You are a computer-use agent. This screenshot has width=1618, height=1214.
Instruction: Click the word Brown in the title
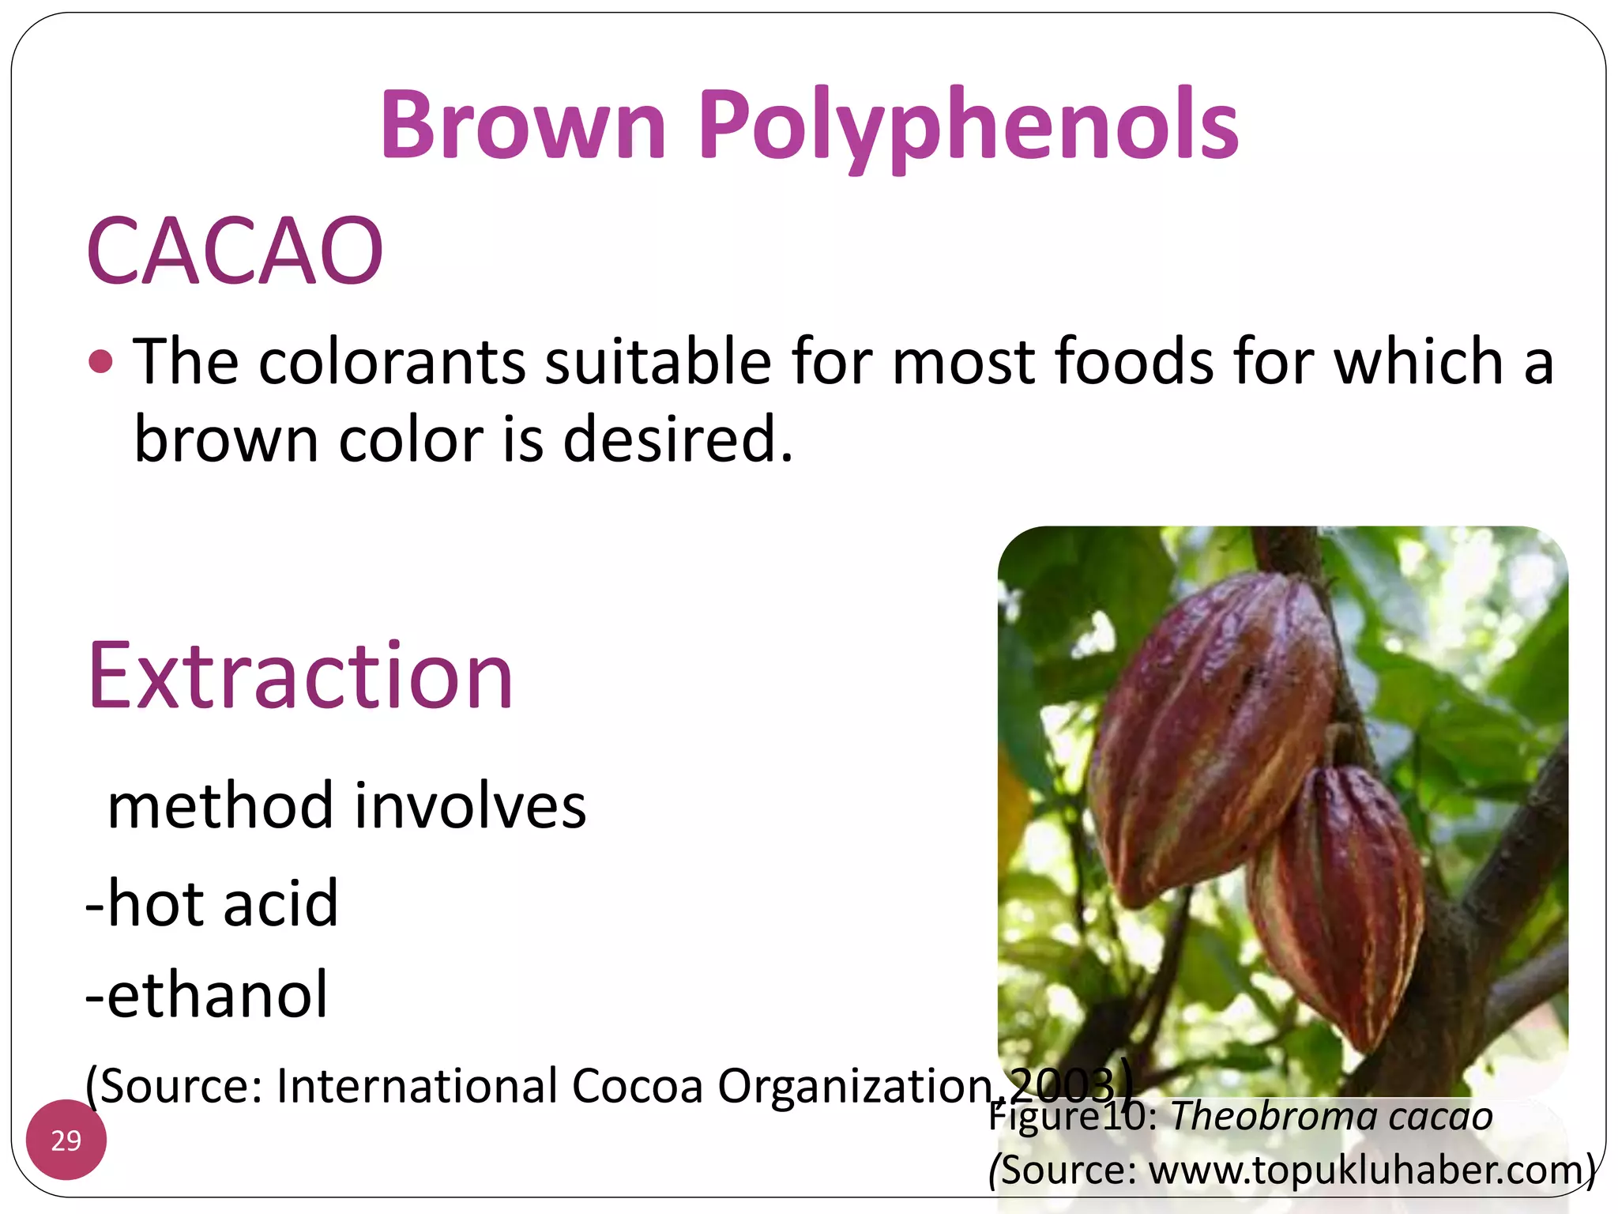[524, 125]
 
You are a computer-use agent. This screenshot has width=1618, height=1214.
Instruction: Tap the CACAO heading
[235, 251]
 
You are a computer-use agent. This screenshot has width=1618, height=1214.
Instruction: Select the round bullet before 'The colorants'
[101, 362]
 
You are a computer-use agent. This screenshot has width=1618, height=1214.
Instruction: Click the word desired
[677, 439]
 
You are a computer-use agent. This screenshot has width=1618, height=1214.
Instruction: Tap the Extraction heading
[300, 677]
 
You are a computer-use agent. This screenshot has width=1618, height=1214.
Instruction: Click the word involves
[470, 806]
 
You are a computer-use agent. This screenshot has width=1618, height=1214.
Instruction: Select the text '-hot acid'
[212, 903]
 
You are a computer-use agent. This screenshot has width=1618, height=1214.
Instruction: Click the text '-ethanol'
[206, 994]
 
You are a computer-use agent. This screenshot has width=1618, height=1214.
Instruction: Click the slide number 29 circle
[66, 1140]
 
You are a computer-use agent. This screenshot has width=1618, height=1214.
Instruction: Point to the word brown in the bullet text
[226, 439]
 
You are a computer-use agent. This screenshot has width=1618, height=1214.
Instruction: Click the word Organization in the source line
[853, 1085]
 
